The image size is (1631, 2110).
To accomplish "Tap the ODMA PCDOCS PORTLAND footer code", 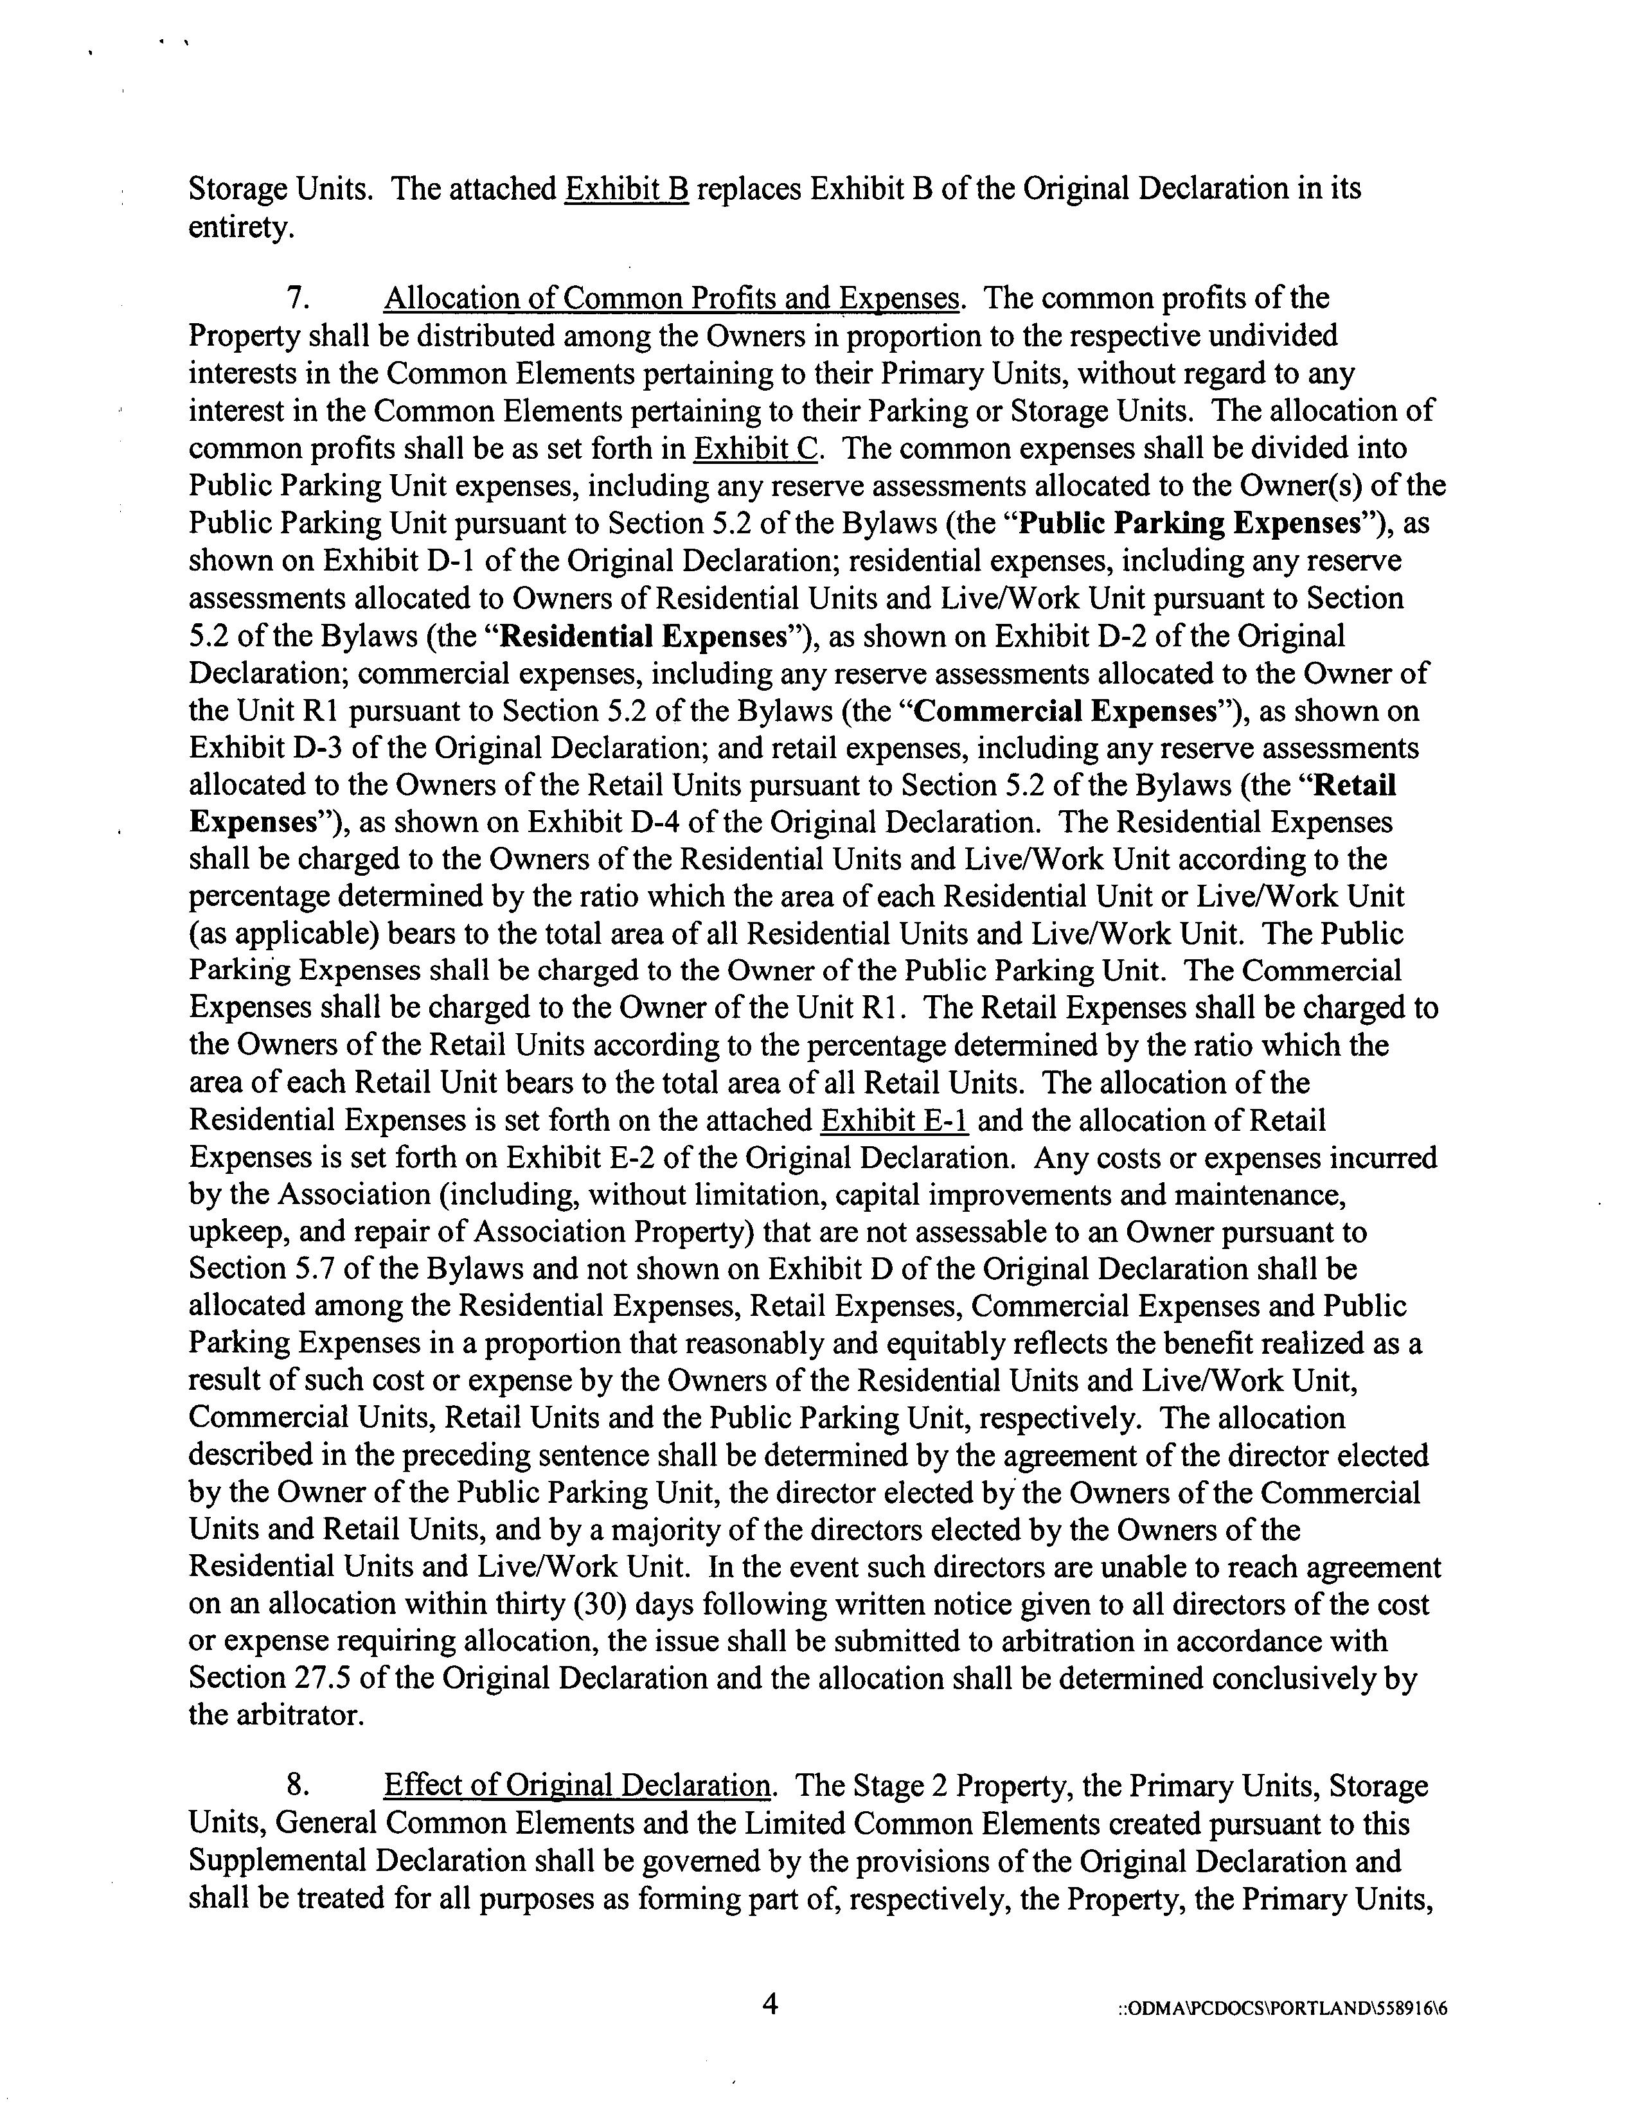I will pos(1282,2008).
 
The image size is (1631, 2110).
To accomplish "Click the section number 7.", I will pos(299,299).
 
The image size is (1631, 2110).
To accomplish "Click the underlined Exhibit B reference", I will pos(626,188).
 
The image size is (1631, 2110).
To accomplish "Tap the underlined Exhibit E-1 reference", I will pos(895,1121).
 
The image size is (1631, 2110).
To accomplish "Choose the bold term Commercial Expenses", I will pos(1064,711).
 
